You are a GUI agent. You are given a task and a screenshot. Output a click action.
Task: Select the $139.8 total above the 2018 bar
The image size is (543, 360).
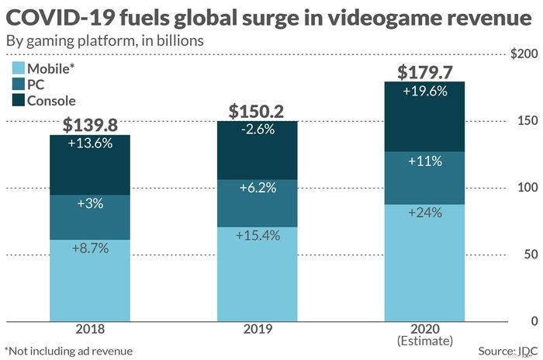tap(91, 125)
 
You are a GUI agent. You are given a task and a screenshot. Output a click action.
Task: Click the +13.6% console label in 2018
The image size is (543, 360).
tap(91, 144)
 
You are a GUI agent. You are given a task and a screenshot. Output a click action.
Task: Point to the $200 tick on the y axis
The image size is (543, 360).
tap(525, 54)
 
